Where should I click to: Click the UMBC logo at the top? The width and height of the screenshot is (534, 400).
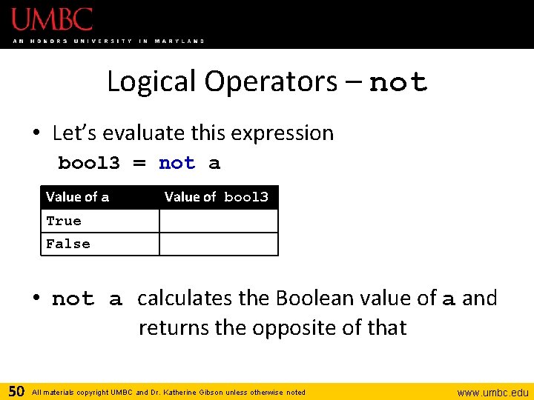pos(52,20)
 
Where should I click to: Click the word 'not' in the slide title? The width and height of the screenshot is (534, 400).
pos(398,82)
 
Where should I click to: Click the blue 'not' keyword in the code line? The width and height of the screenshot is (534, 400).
pos(177,163)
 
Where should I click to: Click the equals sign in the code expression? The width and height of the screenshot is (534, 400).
pos(139,163)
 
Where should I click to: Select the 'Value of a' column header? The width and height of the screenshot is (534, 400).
pos(77,197)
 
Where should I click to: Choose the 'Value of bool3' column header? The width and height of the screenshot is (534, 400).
pos(216,197)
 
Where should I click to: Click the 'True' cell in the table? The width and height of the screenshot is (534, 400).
pos(64,221)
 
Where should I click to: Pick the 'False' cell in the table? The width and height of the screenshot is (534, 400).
pos(68,244)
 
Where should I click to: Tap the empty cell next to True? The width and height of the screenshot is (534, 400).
pos(218,221)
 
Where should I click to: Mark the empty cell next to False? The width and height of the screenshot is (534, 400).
pos(218,244)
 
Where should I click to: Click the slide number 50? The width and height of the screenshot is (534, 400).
pos(16,390)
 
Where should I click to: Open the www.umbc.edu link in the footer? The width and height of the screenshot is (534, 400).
pos(492,392)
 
